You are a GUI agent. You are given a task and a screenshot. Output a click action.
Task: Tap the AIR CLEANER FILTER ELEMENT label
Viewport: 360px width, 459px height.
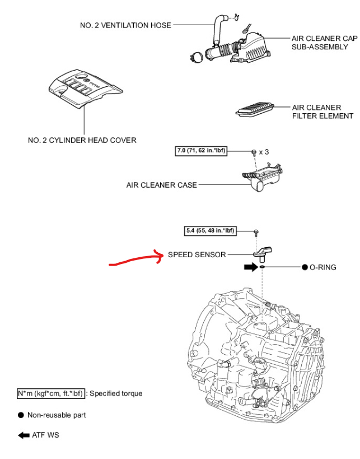[322, 112]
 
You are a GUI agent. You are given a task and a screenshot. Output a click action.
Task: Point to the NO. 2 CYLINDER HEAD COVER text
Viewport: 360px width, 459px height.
[82, 140]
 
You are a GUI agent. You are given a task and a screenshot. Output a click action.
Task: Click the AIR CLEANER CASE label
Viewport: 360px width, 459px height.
[161, 185]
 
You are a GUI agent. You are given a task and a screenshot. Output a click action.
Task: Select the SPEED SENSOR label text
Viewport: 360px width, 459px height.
[197, 254]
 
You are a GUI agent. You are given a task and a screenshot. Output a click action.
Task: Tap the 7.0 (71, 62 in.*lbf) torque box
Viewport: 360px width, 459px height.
[201, 151]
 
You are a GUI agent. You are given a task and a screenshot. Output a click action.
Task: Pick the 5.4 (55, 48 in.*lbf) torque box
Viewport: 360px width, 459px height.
[211, 230]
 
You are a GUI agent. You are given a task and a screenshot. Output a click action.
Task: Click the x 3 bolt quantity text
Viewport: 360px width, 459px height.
[265, 152]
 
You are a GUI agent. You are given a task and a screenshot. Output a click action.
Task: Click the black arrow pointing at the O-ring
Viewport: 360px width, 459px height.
[250, 267]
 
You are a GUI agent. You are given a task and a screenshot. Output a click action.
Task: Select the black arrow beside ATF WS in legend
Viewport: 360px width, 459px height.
[24, 435]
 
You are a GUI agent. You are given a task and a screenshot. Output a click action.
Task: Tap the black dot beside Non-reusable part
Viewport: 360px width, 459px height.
[20, 415]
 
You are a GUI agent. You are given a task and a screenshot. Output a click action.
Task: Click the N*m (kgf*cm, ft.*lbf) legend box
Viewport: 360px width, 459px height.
[51, 393]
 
